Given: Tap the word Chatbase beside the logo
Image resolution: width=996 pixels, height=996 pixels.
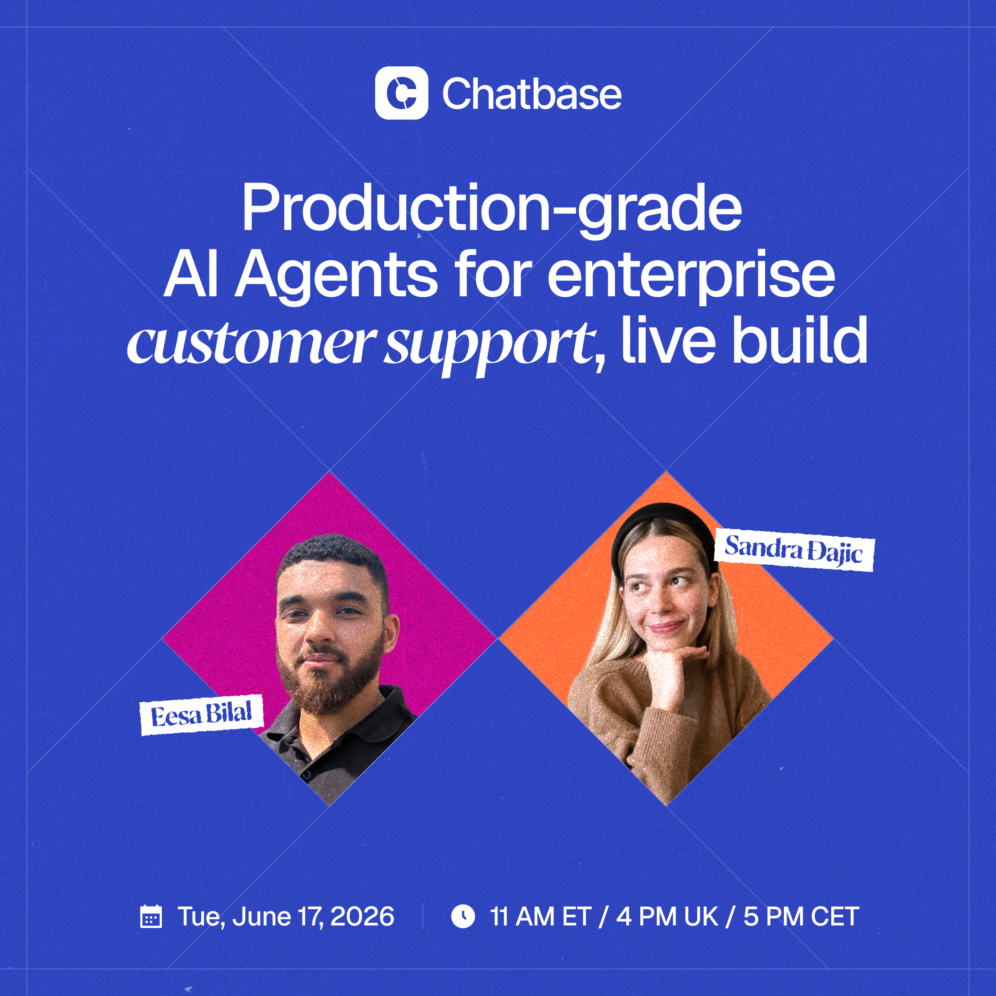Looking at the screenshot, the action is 532,94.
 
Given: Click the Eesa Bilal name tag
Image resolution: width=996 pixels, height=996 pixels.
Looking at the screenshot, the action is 202,715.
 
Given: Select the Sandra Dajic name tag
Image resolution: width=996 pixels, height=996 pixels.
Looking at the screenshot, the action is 794,551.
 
